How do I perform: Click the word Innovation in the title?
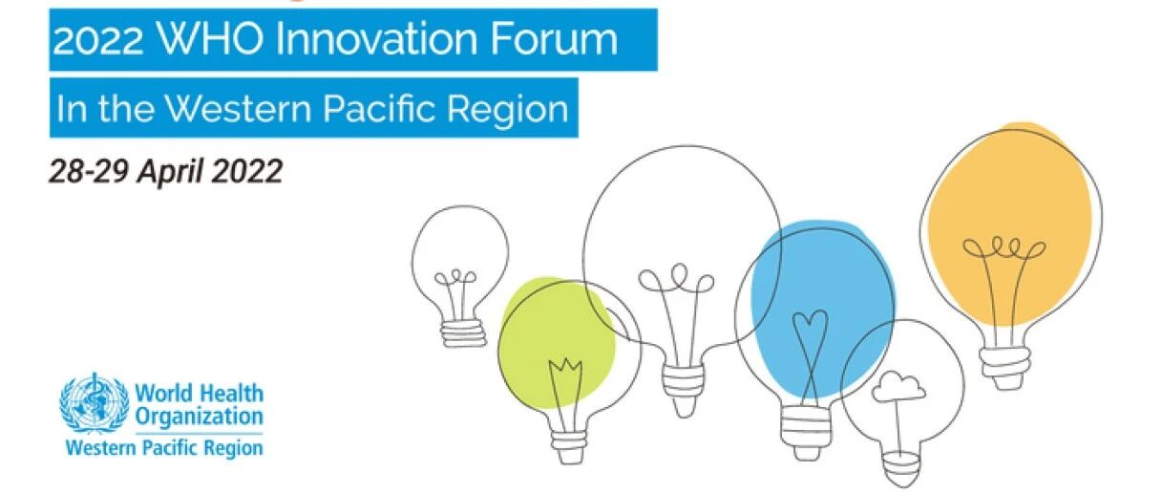pyautogui.click(x=376, y=39)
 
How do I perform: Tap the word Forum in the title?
pyautogui.click(x=554, y=39)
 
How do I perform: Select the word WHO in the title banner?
pyautogui.click(x=209, y=39)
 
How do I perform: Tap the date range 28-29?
pyautogui.click(x=88, y=171)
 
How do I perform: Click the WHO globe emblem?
pyautogui.click(x=94, y=403)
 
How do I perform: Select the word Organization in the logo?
pyautogui.click(x=200, y=418)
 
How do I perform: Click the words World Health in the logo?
pyautogui.click(x=200, y=394)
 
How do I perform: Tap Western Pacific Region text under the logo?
pyautogui.click(x=164, y=447)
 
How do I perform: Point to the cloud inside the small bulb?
pyautogui.click(x=898, y=387)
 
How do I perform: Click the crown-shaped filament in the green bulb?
pyautogui.click(x=565, y=369)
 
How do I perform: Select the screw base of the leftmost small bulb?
pyautogui.click(x=463, y=332)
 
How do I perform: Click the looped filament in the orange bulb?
pyautogui.click(x=1004, y=248)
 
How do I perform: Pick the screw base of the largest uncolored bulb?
pyautogui.click(x=684, y=389)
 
